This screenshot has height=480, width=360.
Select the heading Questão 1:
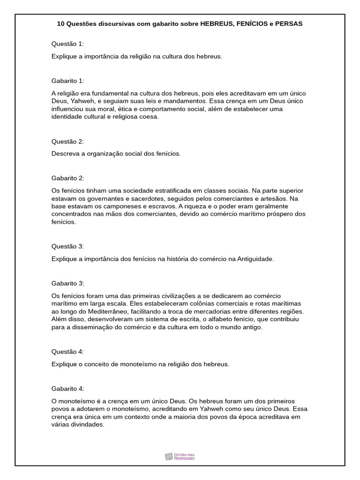click(x=67, y=44)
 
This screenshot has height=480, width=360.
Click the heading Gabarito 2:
click(x=67, y=178)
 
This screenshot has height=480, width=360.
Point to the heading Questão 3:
click(x=67, y=246)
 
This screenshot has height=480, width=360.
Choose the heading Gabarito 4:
click(x=67, y=389)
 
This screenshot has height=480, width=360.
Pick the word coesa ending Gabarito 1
click(x=150, y=117)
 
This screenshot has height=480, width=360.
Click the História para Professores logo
click(x=180, y=456)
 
